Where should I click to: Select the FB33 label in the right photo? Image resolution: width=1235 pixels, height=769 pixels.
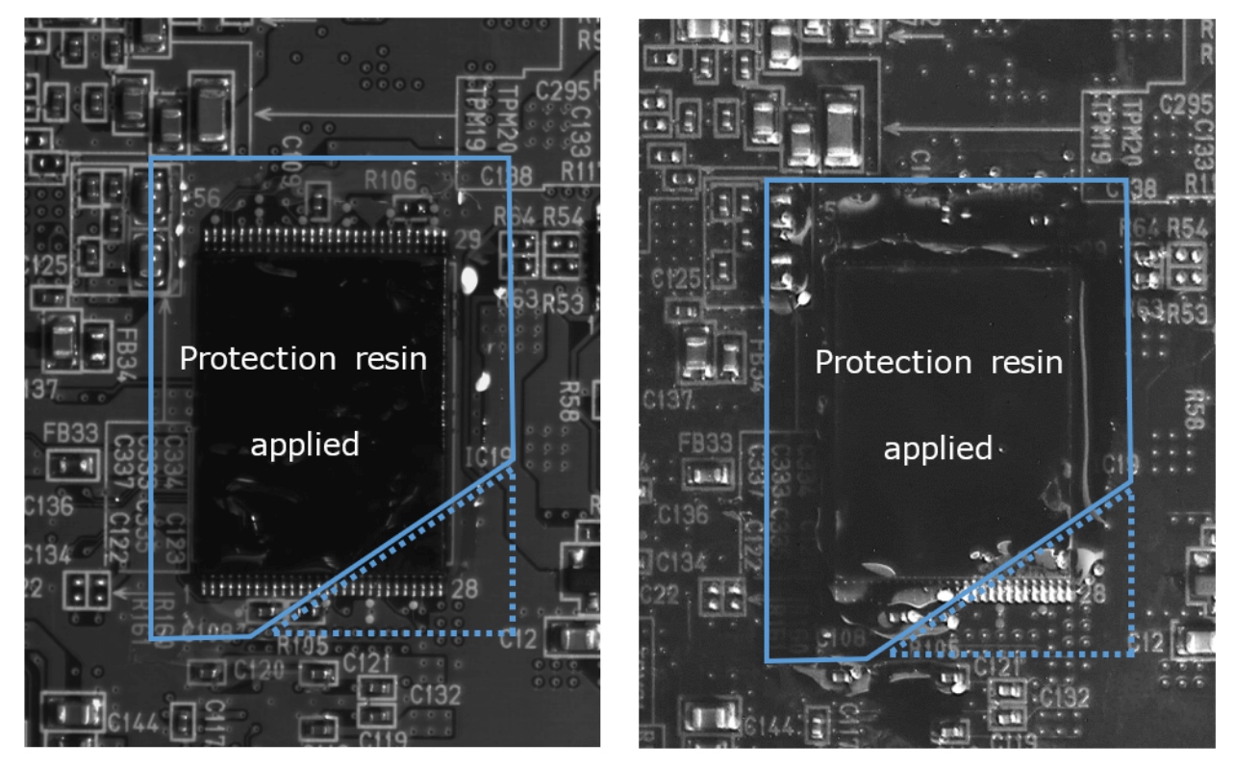[x=704, y=444]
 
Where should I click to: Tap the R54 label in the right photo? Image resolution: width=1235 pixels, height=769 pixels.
[x=1187, y=228]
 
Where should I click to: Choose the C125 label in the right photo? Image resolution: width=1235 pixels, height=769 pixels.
[x=673, y=282]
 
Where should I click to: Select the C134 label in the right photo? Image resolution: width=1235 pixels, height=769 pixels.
[x=677, y=560]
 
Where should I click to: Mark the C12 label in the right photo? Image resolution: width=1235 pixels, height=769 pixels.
[x=1148, y=641]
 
